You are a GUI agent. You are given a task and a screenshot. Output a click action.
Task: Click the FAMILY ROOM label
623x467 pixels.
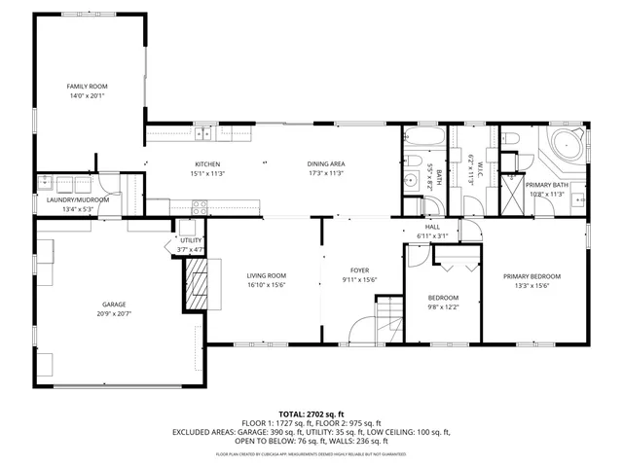[86, 87]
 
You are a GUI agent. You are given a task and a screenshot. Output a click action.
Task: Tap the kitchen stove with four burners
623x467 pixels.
[200, 206]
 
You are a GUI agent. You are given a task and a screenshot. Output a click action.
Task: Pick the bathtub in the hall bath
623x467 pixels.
[424, 135]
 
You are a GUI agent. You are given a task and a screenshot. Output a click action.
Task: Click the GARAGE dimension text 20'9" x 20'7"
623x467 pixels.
[113, 313]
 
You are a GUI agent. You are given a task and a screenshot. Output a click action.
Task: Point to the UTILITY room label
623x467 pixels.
[191, 239]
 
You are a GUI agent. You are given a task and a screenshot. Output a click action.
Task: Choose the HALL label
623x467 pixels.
[432, 227]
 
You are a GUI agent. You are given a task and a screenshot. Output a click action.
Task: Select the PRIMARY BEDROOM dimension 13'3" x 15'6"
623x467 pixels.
[531, 286]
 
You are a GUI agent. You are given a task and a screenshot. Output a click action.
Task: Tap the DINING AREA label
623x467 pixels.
[326, 163]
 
